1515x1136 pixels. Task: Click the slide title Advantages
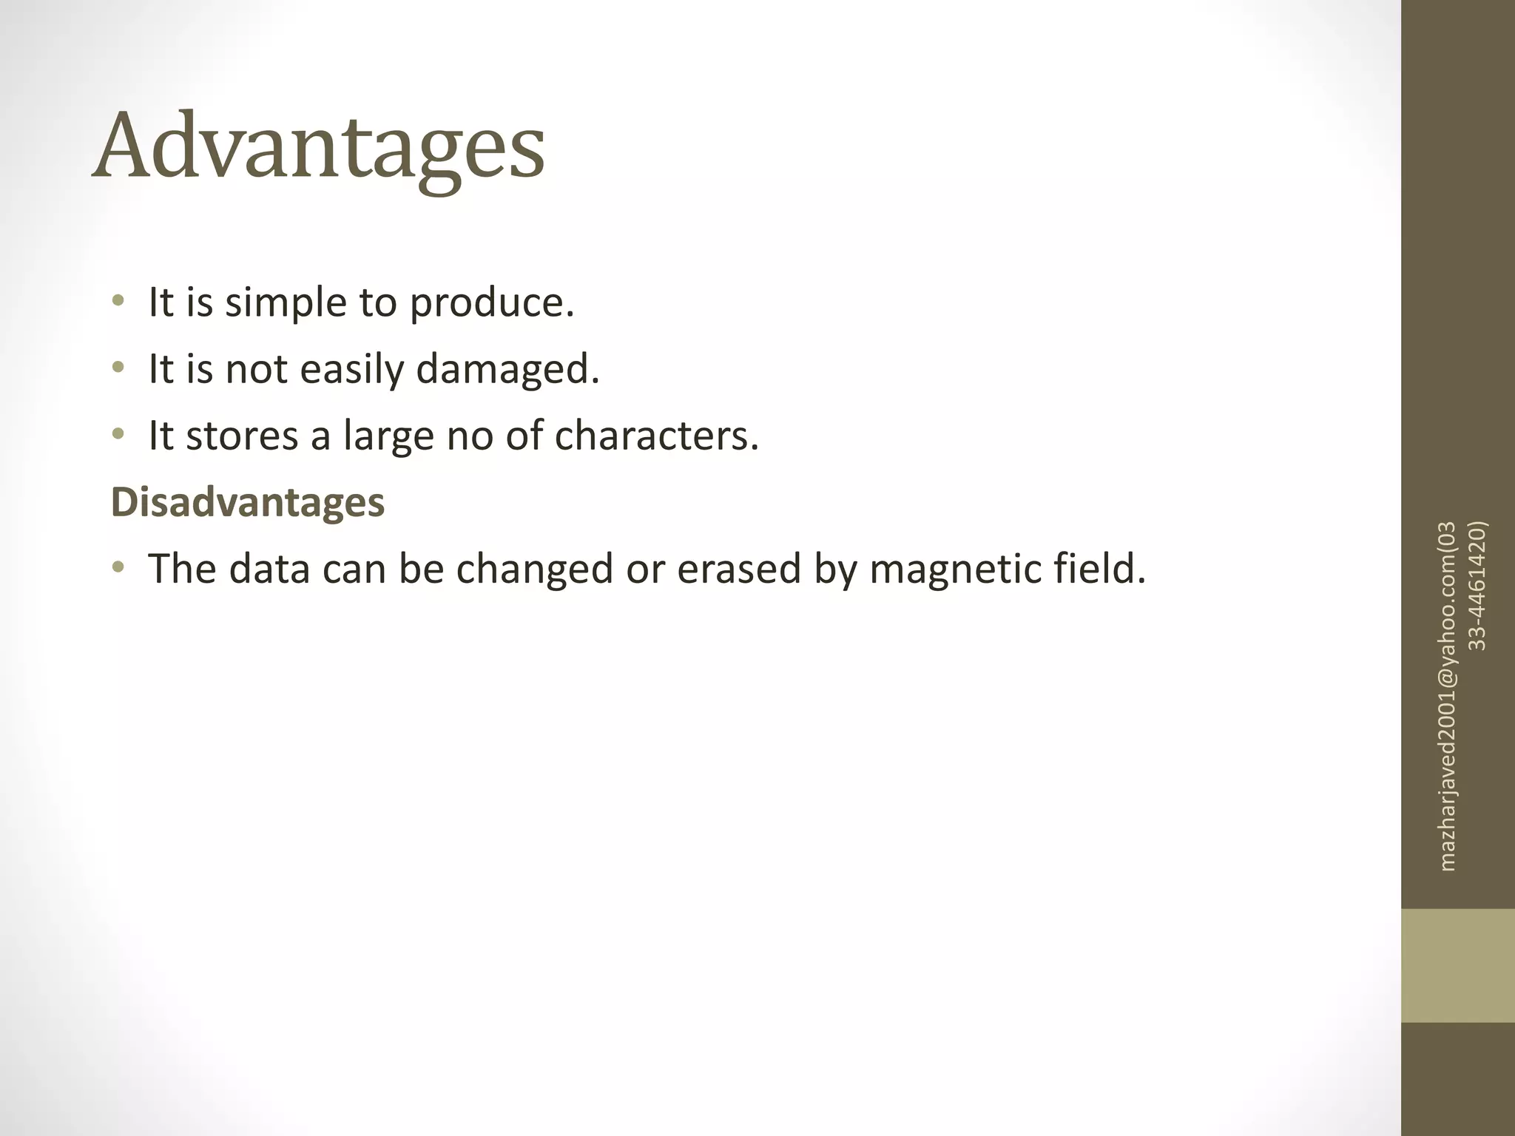(x=318, y=148)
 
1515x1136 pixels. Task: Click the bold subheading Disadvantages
(x=248, y=502)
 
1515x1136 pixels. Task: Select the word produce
(x=491, y=303)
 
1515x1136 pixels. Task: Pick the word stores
(x=242, y=436)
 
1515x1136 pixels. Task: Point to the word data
(x=269, y=569)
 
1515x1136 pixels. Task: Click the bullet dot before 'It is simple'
(x=118, y=301)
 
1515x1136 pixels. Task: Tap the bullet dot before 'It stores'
(x=118, y=434)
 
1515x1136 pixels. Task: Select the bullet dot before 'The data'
(x=118, y=567)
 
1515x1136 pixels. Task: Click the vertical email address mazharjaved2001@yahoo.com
(x=1448, y=695)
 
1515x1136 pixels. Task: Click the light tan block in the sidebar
(x=1458, y=966)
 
